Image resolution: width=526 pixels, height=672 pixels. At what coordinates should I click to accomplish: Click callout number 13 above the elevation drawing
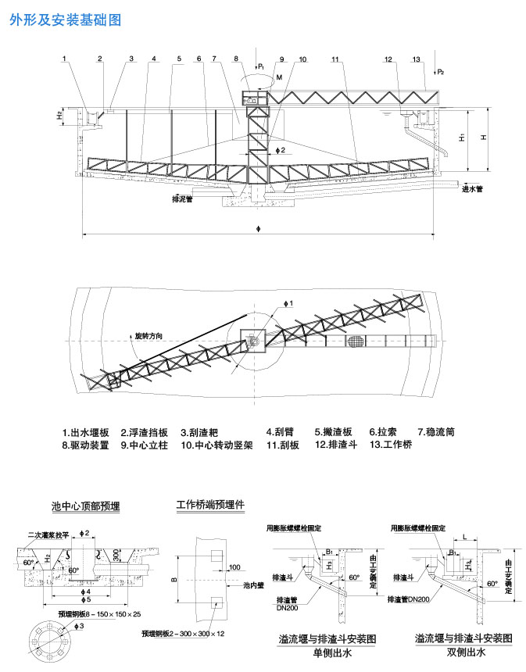416,59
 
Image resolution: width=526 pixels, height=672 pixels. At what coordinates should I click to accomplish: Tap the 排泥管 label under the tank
182,199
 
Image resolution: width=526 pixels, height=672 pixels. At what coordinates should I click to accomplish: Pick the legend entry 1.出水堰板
86,431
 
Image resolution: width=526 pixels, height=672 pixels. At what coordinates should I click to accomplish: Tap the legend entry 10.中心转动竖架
216,445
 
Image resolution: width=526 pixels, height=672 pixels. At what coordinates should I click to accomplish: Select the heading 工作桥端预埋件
210,505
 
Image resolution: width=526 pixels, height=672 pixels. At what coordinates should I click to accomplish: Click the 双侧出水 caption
464,651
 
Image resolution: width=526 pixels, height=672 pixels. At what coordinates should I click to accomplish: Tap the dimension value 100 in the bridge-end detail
234,566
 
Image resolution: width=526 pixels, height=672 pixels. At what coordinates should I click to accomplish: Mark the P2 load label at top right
441,72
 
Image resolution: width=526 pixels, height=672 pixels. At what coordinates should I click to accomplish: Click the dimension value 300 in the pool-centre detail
115,554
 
